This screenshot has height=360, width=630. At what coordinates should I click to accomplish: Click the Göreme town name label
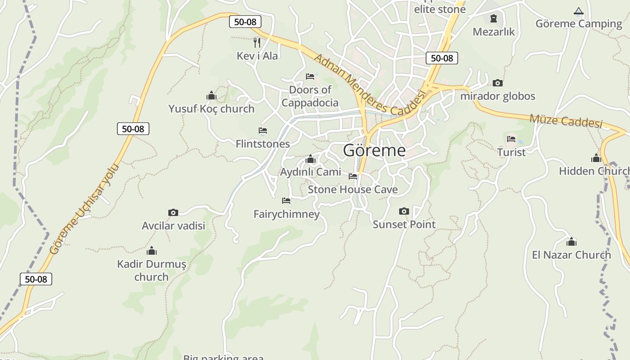point(374,150)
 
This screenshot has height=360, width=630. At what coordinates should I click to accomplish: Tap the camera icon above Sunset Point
point(404,211)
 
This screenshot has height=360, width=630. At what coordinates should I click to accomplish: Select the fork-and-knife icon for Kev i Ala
point(257,43)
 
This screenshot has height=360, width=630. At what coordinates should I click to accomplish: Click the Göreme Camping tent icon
point(579,11)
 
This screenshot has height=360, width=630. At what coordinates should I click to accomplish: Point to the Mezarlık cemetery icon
point(494,18)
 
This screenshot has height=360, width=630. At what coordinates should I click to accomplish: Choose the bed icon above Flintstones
point(263,130)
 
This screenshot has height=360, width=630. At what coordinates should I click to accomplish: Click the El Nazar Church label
point(571,255)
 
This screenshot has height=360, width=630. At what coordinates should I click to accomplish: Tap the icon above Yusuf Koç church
point(211,95)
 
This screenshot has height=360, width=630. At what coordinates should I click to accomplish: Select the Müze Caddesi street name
point(566,121)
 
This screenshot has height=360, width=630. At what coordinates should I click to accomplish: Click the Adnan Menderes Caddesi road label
point(369,85)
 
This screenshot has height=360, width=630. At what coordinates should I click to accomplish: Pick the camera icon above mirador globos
point(497,83)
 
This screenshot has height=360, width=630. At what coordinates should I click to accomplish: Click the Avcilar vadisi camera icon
point(173,212)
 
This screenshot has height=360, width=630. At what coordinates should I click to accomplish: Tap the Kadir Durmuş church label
point(152,270)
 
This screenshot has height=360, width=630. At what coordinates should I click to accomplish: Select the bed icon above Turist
point(511,139)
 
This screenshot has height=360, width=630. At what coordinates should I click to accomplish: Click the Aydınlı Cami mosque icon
point(310,159)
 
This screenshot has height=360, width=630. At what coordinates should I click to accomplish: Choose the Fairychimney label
point(287,214)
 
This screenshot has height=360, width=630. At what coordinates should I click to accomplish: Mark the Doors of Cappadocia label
point(310,96)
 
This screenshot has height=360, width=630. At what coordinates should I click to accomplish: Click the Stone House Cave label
point(353,189)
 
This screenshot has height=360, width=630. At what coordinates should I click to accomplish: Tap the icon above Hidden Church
point(596,158)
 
